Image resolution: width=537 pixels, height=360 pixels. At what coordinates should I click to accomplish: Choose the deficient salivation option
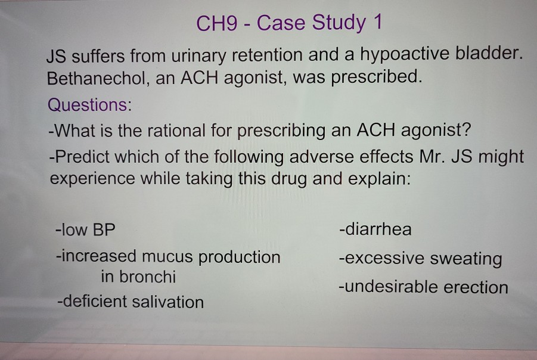[130, 302]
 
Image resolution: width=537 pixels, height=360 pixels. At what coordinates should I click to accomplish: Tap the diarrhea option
[375, 229]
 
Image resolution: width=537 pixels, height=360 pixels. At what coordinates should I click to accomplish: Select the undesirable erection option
[423, 287]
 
